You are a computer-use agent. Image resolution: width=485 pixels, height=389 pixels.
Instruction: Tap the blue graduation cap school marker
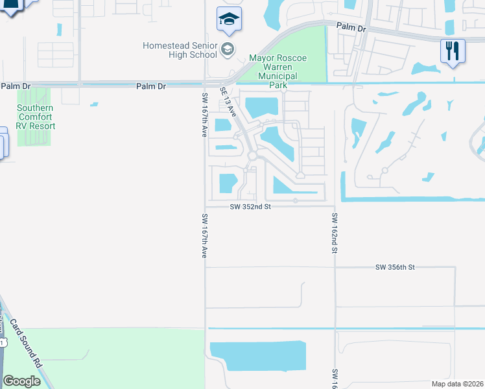click(228, 20)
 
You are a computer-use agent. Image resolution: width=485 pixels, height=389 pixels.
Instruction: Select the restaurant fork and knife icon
click(453, 51)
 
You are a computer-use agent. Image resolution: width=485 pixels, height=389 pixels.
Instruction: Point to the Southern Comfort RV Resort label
click(36, 117)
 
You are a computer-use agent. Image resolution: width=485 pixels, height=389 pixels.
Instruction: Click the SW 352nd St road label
click(250, 207)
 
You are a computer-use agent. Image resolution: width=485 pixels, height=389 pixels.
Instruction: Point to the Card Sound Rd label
click(26, 342)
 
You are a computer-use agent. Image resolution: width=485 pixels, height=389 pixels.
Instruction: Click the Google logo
click(21, 381)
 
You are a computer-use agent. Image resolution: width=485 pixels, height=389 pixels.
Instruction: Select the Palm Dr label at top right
click(351, 29)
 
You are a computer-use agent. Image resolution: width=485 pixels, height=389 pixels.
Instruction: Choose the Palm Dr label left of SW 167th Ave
click(151, 86)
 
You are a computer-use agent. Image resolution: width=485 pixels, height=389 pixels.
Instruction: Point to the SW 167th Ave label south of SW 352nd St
click(204, 236)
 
